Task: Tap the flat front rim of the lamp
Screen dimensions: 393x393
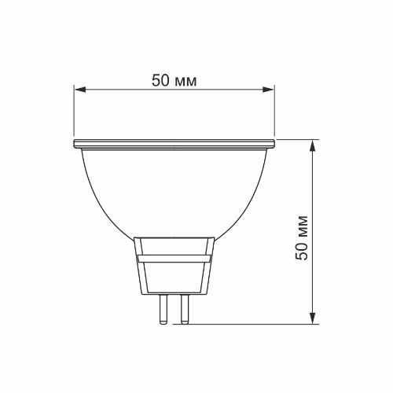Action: coord(174,144)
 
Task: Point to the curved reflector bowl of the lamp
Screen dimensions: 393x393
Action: coord(174,189)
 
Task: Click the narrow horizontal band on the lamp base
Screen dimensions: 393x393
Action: coord(174,257)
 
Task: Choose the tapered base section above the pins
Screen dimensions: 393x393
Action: coord(174,275)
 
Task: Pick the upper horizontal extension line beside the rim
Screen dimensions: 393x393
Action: coord(299,140)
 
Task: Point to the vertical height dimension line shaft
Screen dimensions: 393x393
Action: coord(314,189)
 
